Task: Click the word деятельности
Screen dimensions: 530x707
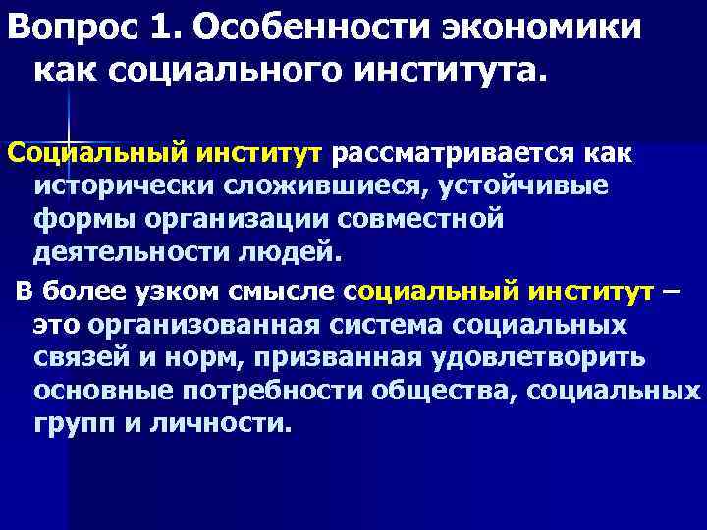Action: pyautogui.click(x=130, y=251)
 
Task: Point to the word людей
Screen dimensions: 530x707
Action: pyautogui.click(x=290, y=251)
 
